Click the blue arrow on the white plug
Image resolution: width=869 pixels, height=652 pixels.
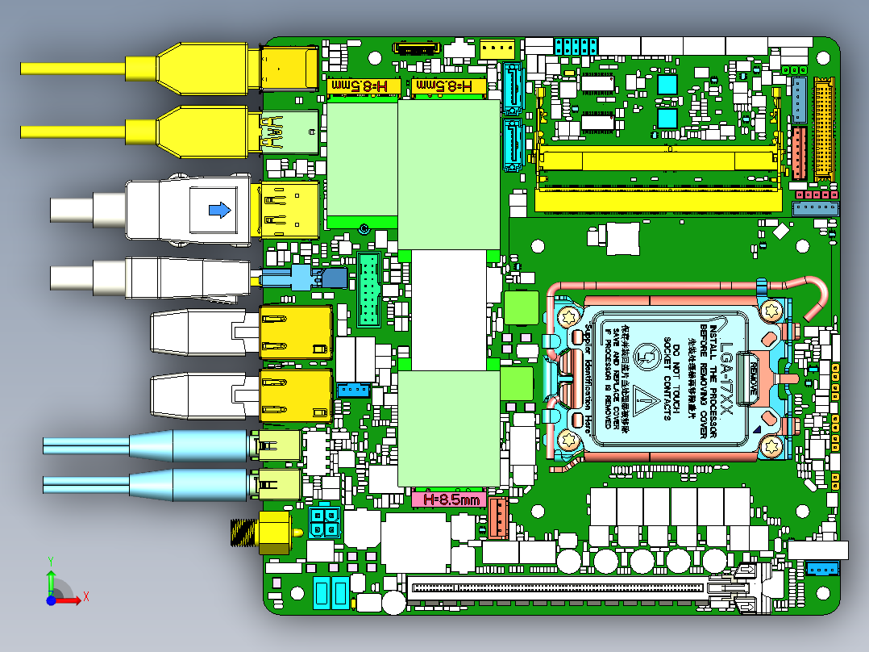coord(218,210)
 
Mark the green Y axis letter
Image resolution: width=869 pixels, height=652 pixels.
coord(50,560)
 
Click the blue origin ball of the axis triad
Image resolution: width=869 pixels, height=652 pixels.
coord(51,600)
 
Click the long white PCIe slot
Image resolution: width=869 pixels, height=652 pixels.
coord(556,587)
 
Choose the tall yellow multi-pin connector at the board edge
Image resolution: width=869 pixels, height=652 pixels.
coord(824,128)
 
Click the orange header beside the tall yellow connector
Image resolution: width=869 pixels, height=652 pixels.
coord(799,153)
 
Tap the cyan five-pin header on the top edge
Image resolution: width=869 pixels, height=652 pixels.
coord(576,44)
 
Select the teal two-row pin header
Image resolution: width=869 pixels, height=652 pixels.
coord(370,290)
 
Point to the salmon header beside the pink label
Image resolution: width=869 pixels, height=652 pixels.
coord(497,517)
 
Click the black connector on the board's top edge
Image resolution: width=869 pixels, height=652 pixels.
coord(417,48)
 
